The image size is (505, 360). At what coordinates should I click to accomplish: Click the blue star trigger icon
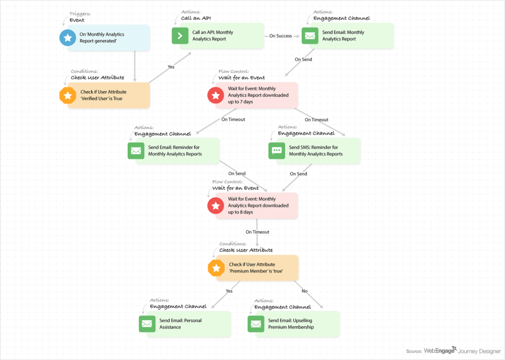pyautogui.click(x=68, y=38)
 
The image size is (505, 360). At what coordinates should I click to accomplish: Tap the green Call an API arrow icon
pyautogui.click(x=180, y=36)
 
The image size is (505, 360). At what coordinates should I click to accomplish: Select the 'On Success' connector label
pyautogui.click(x=280, y=36)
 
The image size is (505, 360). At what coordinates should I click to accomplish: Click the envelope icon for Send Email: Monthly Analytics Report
pyautogui.click(x=310, y=36)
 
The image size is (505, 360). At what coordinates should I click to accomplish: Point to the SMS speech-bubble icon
pyautogui.click(x=277, y=150)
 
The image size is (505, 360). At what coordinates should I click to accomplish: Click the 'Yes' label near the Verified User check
pyautogui.click(x=171, y=67)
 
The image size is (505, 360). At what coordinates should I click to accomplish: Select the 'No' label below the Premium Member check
pyautogui.click(x=304, y=291)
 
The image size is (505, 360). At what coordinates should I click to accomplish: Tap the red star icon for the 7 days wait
pyautogui.click(x=216, y=95)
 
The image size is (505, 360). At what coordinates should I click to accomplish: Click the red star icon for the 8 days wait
pyautogui.click(x=216, y=206)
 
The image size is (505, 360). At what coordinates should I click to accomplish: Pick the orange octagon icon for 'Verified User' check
pyautogui.click(x=68, y=95)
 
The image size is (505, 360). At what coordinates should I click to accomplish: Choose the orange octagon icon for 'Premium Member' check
pyautogui.click(x=216, y=268)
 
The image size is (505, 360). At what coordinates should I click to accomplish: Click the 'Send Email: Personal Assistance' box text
pyautogui.click(x=180, y=324)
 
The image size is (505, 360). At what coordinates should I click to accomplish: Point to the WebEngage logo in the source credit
pyautogui.click(x=440, y=351)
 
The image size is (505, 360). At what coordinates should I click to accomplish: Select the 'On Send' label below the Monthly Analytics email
pyautogui.click(x=303, y=59)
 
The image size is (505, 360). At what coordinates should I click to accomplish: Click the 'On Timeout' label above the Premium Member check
pyautogui.click(x=257, y=232)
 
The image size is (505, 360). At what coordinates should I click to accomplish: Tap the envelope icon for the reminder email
pyautogui.click(x=136, y=150)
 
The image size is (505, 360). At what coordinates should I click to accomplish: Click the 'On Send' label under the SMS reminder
pyautogui.click(x=298, y=174)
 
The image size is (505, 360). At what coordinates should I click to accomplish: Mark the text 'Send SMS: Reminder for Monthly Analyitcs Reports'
pyautogui.click(x=316, y=150)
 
